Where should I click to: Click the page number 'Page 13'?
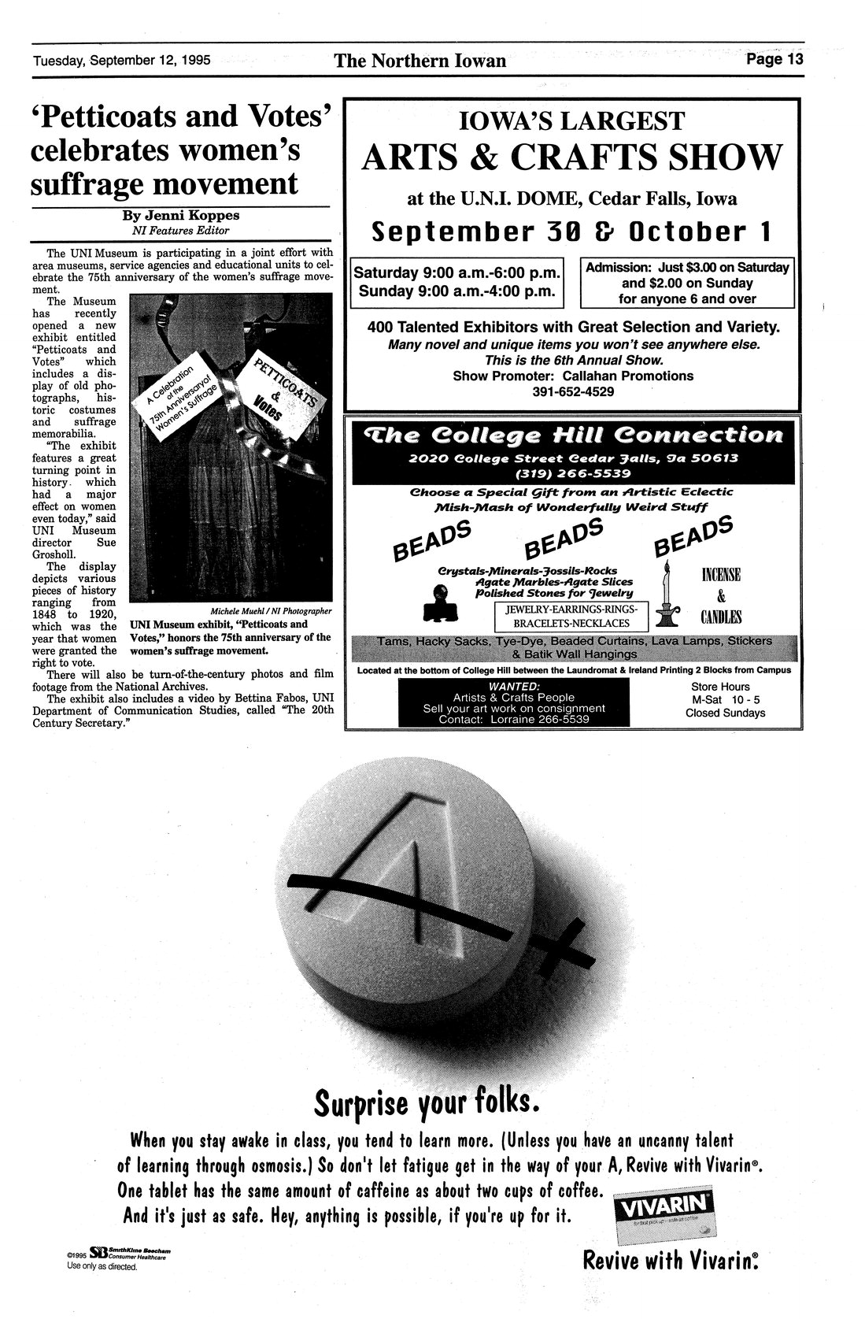tap(774, 60)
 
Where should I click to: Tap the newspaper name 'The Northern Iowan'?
tap(420, 61)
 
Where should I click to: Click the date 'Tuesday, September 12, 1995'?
tap(121, 61)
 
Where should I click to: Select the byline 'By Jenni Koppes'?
tap(180, 215)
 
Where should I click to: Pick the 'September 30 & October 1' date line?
tap(572, 232)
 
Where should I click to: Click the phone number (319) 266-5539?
tap(572, 474)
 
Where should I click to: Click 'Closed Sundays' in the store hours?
tap(724, 713)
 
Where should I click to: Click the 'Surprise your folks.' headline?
tap(427, 1102)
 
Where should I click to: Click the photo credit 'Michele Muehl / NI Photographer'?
tap(271, 611)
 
